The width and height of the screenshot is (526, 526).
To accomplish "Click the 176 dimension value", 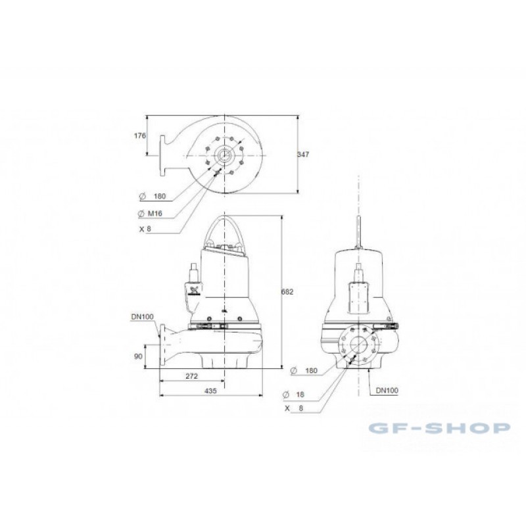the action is [x=140, y=135].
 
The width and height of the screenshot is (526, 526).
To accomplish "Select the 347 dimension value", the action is [x=303, y=155].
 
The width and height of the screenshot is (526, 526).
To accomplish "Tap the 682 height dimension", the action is [x=287, y=292].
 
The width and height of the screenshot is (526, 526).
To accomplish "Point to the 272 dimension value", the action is [x=191, y=376].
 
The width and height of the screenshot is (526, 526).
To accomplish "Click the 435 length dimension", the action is [x=210, y=391].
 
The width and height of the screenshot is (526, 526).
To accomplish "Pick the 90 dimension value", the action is [x=138, y=356].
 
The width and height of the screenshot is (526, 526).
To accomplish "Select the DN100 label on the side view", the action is [x=142, y=317].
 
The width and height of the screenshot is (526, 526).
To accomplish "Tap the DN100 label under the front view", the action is [x=387, y=391].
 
